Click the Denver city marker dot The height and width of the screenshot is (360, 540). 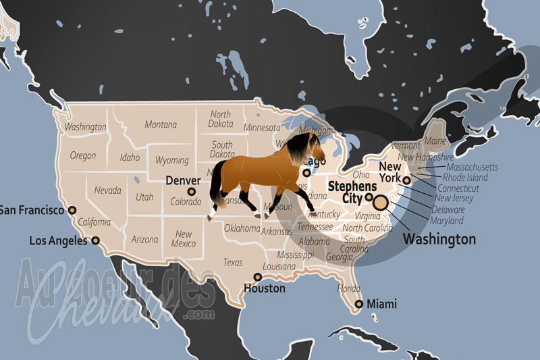click(192, 192)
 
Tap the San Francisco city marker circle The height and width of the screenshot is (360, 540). click(72, 210)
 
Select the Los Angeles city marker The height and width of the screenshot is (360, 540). click(95, 240)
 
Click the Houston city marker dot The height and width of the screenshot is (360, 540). click(257, 277)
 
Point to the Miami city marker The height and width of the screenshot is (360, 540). click(359, 305)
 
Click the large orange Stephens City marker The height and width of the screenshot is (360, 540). click(381, 201)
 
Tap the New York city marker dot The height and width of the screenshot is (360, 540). click(406, 180)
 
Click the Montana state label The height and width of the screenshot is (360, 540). click(161, 124)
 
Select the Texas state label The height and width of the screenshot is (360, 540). click(233, 262)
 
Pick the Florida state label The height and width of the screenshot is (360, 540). click(348, 288)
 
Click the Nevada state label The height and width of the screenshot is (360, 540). click(107, 190)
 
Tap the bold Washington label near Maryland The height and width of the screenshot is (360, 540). click(439, 239)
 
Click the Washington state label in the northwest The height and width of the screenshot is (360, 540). click(86, 127)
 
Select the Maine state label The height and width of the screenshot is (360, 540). click(435, 141)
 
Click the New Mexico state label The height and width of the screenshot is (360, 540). click(184, 238)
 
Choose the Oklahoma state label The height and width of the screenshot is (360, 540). click(242, 228)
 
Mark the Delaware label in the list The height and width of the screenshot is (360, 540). click(453, 209)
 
